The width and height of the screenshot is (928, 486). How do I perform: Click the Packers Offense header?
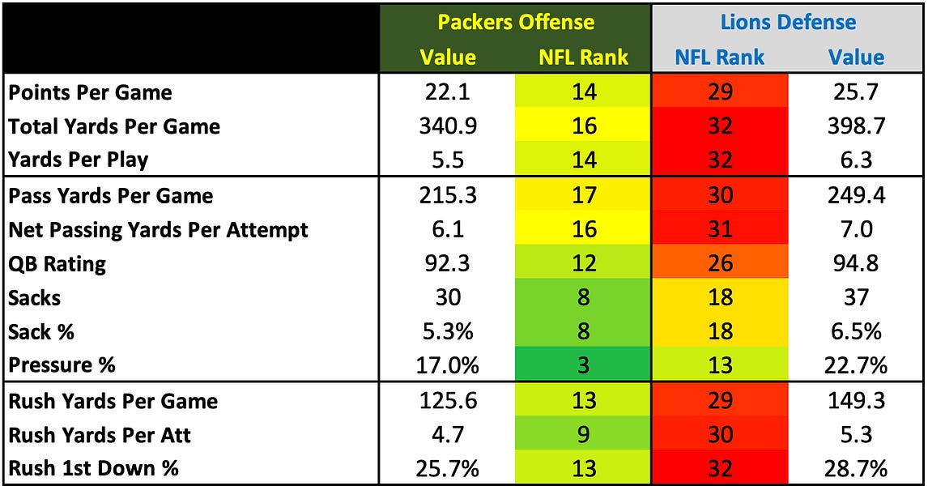tap(516, 22)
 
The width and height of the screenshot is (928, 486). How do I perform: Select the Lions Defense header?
tap(789, 22)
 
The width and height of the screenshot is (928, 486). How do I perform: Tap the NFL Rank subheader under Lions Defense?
tap(720, 57)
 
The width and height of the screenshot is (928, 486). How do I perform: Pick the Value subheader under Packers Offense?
tap(448, 57)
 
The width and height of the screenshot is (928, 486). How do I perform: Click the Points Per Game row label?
tap(90, 92)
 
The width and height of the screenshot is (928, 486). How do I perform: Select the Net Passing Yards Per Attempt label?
tap(158, 230)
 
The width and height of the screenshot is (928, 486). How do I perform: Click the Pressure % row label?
tap(62, 365)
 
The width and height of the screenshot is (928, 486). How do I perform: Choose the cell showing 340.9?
tap(448, 126)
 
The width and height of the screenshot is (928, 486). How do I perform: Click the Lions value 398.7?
tap(856, 126)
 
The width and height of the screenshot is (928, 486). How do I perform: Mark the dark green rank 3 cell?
tap(583, 365)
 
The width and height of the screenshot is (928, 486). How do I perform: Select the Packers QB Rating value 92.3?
tap(448, 264)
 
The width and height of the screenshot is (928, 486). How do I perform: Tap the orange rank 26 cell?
tap(720, 264)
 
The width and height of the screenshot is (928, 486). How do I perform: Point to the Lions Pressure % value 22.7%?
tap(856, 365)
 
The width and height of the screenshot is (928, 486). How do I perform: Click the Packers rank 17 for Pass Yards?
tap(583, 196)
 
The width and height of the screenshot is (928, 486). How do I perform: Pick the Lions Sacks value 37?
tap(856, 297)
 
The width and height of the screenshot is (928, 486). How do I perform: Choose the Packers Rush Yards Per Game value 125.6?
tap(448, 401)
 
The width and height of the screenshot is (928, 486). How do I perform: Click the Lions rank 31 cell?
tap(720, 230)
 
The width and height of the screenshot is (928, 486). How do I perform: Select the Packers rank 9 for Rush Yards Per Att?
tap(583, 435)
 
